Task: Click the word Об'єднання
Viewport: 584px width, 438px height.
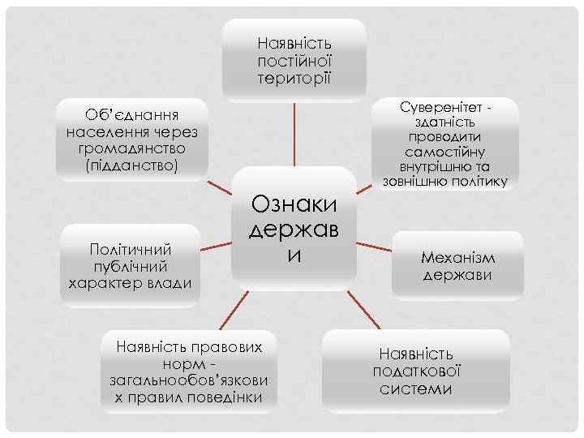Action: [132, 114]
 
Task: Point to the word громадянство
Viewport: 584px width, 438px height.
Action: [132, 148]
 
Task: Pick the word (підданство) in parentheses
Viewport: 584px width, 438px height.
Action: [132, 165]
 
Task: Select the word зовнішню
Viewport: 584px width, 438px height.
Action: [415, 181]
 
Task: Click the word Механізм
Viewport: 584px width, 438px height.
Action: [458, 257]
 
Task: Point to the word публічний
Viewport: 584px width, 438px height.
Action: [131, 266]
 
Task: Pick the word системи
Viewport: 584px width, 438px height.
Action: [417, 389]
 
